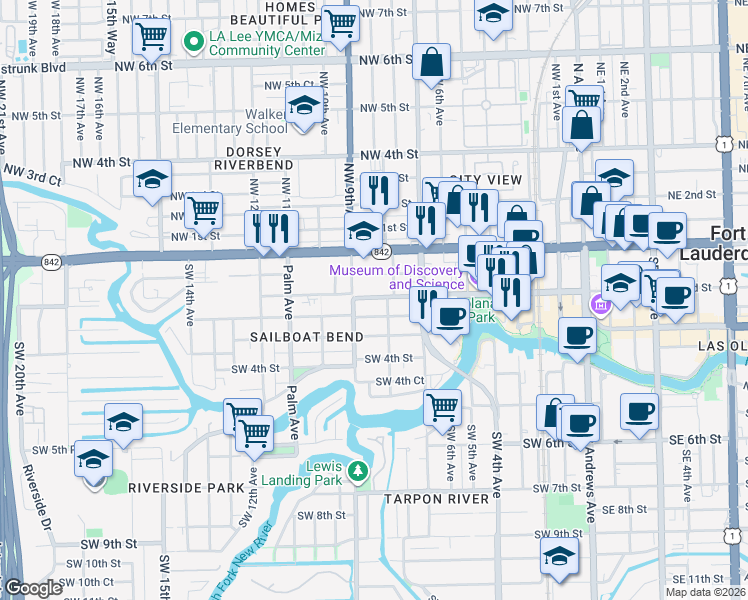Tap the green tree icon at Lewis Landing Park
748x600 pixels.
(357, 469)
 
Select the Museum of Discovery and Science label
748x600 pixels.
(398, 277)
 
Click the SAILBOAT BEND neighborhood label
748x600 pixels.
(312, 338)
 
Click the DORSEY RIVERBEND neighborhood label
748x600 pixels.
(254, 165)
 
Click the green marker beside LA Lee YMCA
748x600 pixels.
(195, 42)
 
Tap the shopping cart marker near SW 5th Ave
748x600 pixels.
(442, 407)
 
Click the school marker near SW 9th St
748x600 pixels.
(559, 557)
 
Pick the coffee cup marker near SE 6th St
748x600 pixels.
(639, 410)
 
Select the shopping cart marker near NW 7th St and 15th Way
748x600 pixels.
(152, 37)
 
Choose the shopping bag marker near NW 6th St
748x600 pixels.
(432, 62)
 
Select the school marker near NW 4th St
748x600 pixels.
(152, 180)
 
